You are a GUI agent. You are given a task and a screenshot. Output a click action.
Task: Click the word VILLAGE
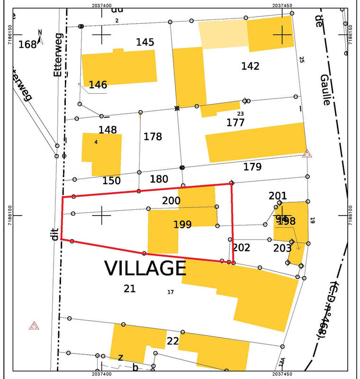(145, 268)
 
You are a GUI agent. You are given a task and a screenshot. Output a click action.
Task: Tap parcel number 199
(182, 225)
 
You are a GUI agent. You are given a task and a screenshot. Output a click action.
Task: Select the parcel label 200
(171, 200)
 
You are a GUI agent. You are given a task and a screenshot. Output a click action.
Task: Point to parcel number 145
(145, 42)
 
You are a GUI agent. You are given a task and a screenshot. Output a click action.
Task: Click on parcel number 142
(250, 66)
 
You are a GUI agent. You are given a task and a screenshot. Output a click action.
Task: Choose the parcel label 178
(153, 137)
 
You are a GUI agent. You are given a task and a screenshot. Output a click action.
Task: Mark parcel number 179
(252, 167)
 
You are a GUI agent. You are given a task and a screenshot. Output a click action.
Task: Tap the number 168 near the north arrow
(27, 45)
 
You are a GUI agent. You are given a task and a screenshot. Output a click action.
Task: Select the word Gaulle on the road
(324, 90)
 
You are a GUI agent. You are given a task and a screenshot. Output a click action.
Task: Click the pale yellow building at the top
(223, 34)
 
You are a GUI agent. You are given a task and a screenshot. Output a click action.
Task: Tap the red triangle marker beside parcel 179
(307, 153)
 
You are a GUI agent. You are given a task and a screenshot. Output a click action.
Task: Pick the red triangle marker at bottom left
(34, 326)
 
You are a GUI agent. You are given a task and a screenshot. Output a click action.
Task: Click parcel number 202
(241, 247)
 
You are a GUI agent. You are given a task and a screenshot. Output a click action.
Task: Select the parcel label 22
(173, 341)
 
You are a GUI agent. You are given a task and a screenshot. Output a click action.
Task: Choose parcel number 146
(98, 85)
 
